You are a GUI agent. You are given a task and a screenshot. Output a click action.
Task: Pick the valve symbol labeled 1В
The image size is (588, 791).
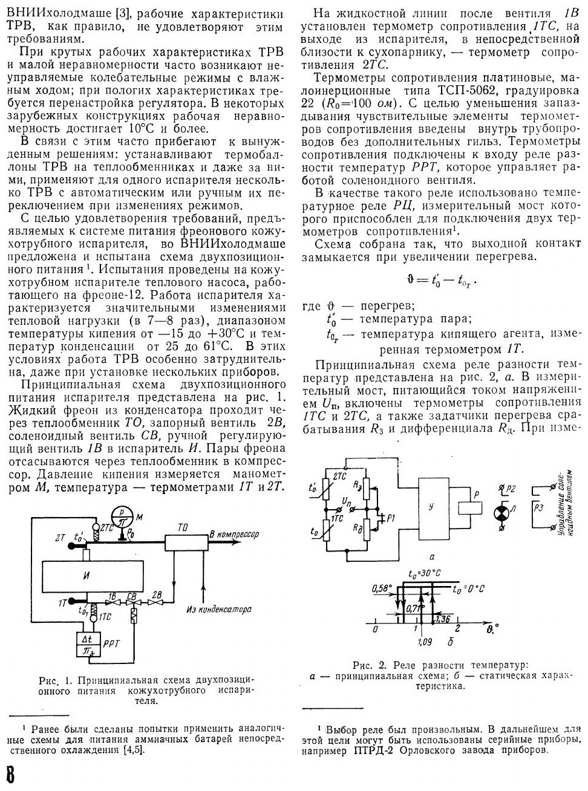(112, 604)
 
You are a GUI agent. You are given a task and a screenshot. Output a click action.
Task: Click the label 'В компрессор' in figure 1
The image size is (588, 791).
(234, 535)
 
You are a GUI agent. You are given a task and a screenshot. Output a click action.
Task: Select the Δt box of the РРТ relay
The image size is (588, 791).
(88, 639)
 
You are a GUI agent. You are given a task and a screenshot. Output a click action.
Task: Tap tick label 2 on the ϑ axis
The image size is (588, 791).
(458, 630)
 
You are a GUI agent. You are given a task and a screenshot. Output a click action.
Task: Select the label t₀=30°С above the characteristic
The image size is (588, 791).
(423, 573)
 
